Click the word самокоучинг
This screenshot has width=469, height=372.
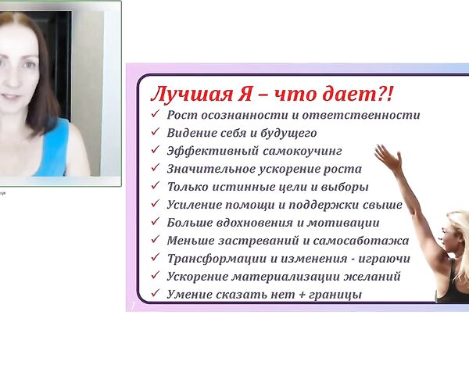[298, 151]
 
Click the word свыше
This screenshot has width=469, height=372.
[383, 205]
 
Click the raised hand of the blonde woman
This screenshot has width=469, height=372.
[385, 155]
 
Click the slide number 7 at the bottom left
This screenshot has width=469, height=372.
[132, 306]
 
